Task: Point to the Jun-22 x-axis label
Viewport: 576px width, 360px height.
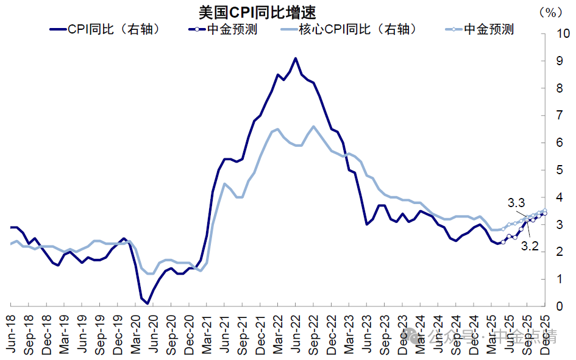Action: pos(296,335)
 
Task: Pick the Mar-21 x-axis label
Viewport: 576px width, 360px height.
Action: pos(207,335)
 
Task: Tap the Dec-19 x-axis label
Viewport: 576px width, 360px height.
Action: pos(118,335)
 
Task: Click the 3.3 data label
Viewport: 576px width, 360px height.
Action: pos(516,202)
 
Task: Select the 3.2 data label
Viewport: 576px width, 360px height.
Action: pos(529,247)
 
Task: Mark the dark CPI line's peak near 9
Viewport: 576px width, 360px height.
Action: pos(296,58)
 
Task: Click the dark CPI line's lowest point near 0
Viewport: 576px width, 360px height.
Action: pos(148,303)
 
